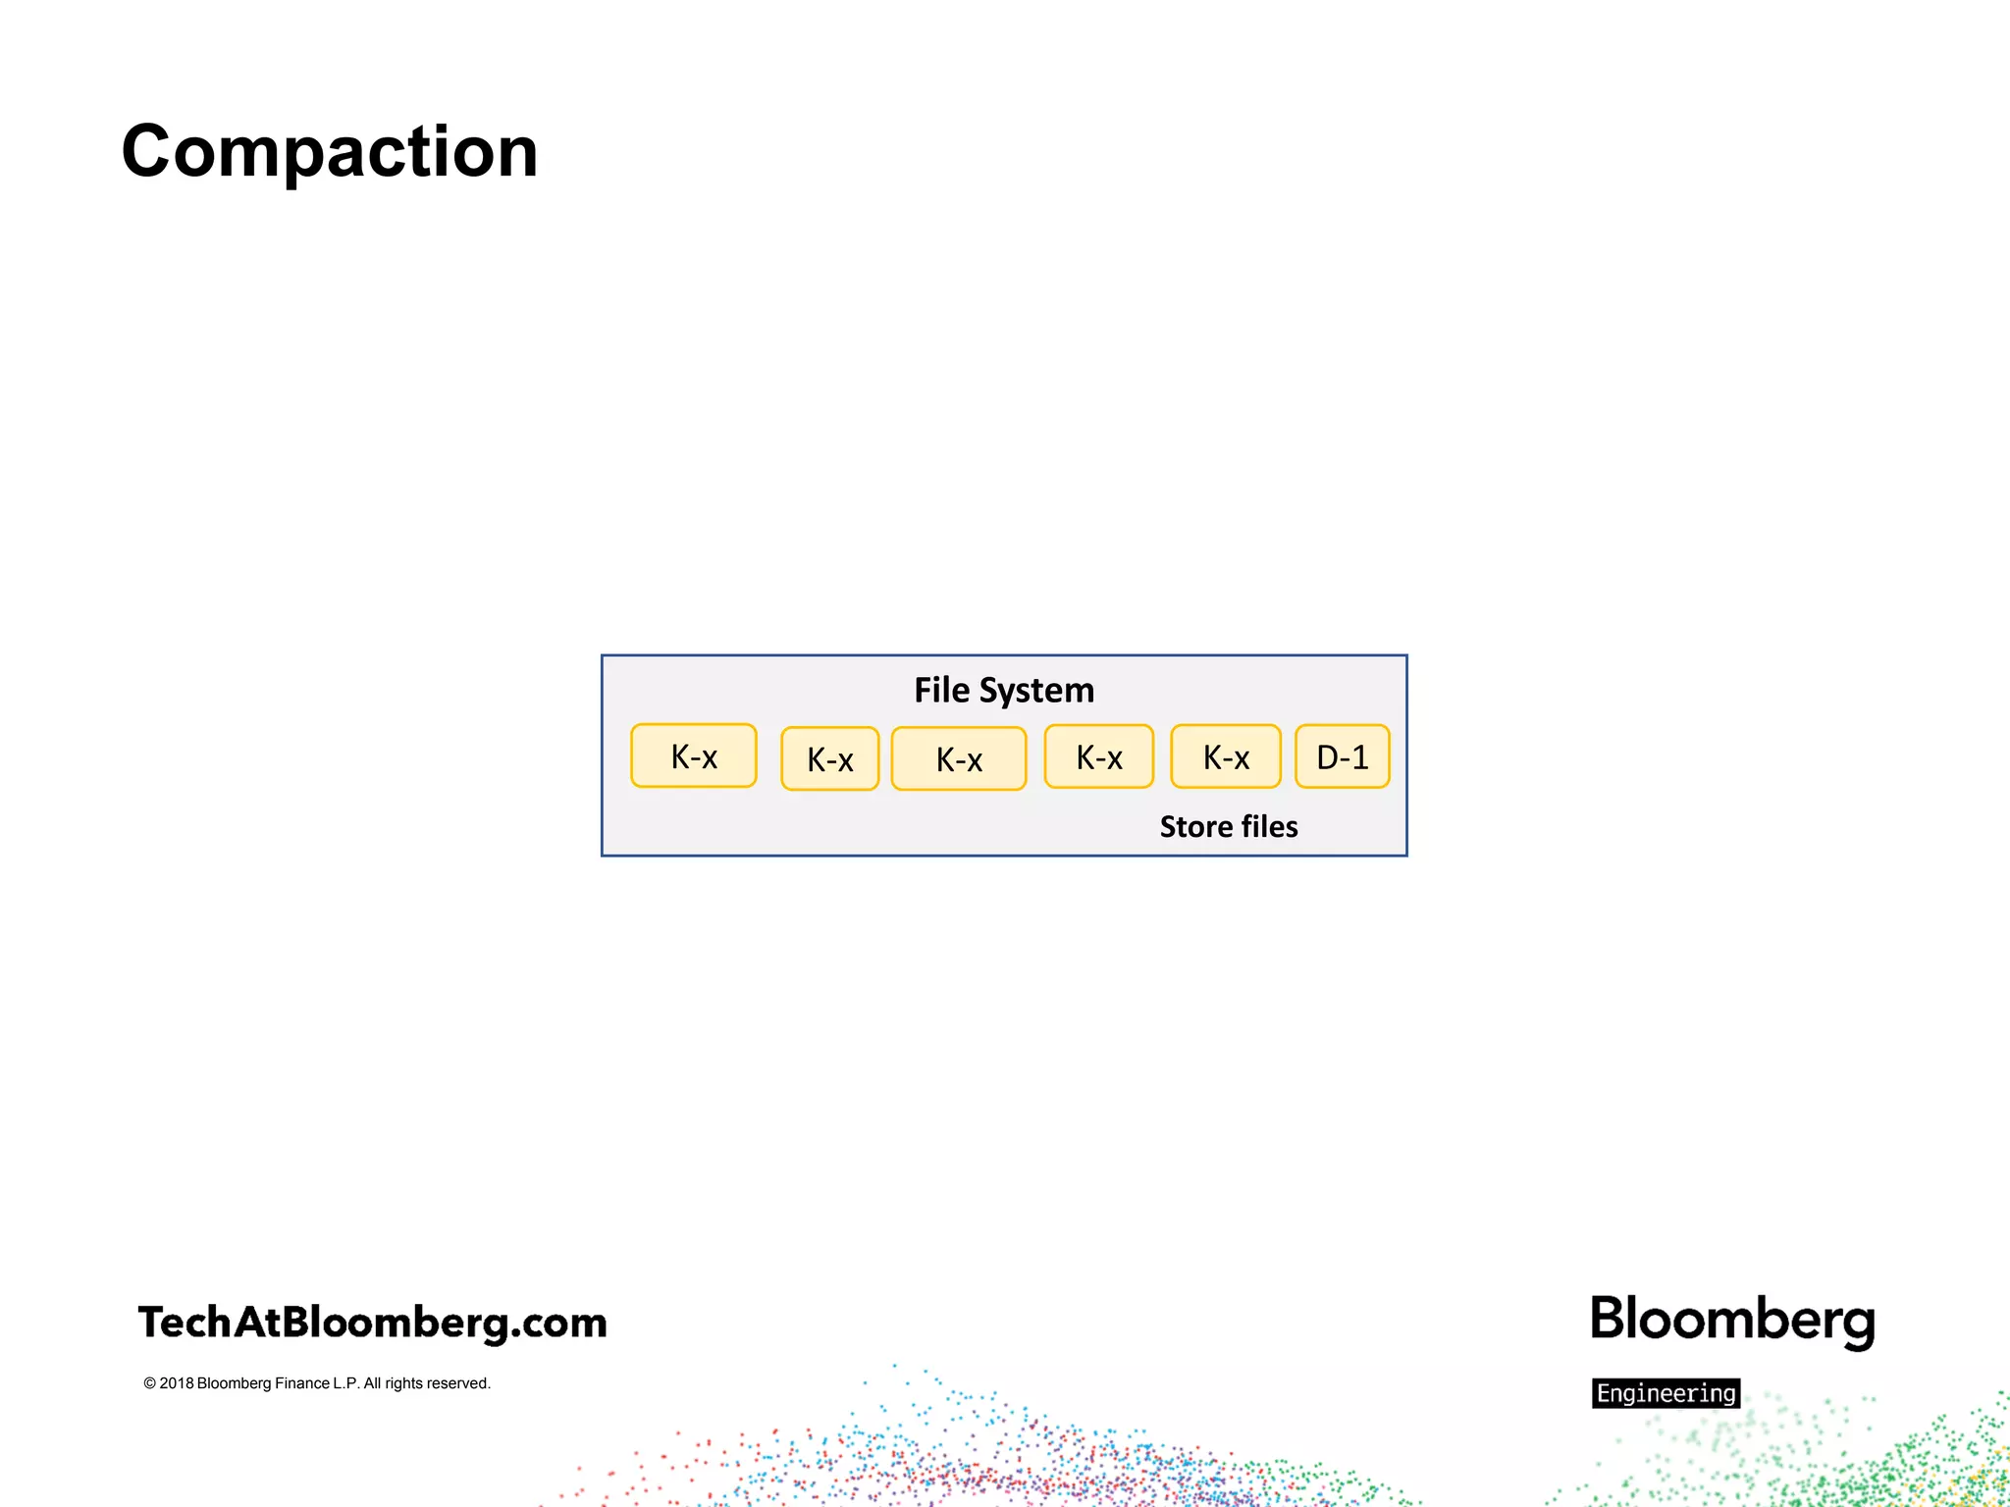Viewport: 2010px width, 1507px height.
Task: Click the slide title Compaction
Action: (x=330, y=152)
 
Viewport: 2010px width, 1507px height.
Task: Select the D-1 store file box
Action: (x=1342, y=756)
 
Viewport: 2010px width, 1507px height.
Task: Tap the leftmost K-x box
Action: (x=694, y=756)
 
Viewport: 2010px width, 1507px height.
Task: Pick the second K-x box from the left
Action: (x=830, y=758)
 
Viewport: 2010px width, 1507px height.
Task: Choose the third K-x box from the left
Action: (x=959, y=758)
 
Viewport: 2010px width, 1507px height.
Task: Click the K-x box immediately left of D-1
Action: (x=1226, y=756)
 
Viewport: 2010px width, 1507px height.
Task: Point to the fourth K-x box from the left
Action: (x=1099, y=756)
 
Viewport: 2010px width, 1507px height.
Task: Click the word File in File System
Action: (x=942, y=690)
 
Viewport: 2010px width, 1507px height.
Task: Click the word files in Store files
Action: (x=1269, y=826)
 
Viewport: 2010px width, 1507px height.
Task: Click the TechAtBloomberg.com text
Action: (x=373, y=1323)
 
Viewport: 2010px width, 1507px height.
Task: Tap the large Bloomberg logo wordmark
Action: (x=1733, y=1321)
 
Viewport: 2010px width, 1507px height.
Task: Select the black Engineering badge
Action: (x=1666, y=1393)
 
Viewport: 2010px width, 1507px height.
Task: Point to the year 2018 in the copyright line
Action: (x=177, y=1383)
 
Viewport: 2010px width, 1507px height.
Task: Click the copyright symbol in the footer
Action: (x=150, y=1383)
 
